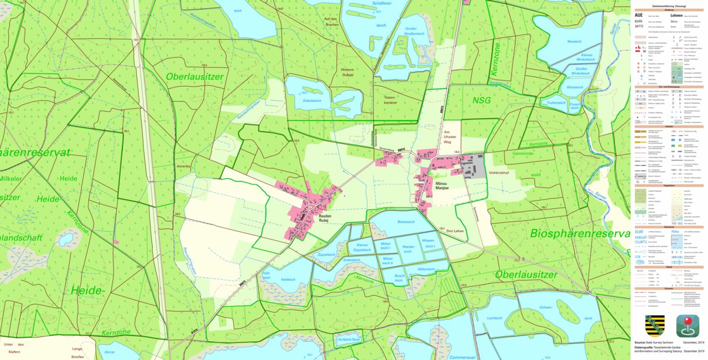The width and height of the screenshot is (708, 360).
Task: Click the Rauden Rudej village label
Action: tap(325, 219)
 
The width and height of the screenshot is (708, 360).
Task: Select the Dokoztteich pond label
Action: tap(312, 100)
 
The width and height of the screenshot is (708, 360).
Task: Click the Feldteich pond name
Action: tap(288, 280)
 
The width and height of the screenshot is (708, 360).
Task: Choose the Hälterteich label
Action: tap(426, 269)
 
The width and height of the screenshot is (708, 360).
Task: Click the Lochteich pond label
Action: tap(495, 318)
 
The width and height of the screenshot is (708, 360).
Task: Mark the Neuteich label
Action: tap(574, 42)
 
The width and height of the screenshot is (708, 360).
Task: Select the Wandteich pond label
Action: tap(575, 87)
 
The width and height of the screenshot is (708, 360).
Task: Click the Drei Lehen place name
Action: tap(454, 231)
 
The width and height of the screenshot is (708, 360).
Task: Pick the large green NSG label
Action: tap(481, 100)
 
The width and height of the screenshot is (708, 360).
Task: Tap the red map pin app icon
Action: tap(688, 325)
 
